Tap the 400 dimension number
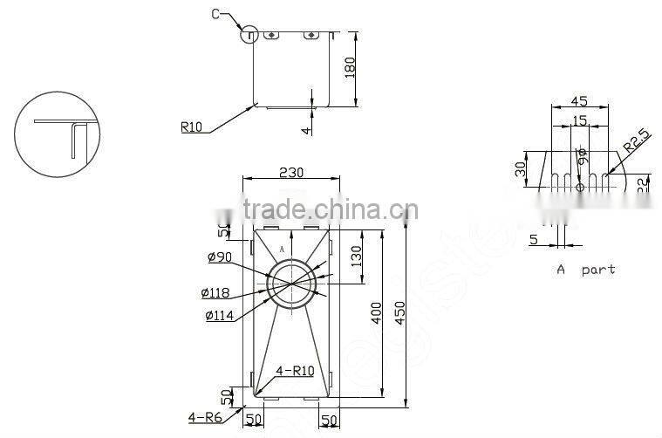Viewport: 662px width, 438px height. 377,313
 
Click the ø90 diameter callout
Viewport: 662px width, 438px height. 220,257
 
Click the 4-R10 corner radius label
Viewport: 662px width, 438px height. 295,370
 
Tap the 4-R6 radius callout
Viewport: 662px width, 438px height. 204,417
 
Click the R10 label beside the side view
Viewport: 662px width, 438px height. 192,127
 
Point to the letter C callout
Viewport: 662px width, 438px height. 215,14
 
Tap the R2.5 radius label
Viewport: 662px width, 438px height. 638,140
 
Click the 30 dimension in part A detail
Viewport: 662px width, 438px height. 520,168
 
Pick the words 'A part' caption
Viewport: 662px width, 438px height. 585,270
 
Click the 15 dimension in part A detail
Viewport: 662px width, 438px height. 579,120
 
